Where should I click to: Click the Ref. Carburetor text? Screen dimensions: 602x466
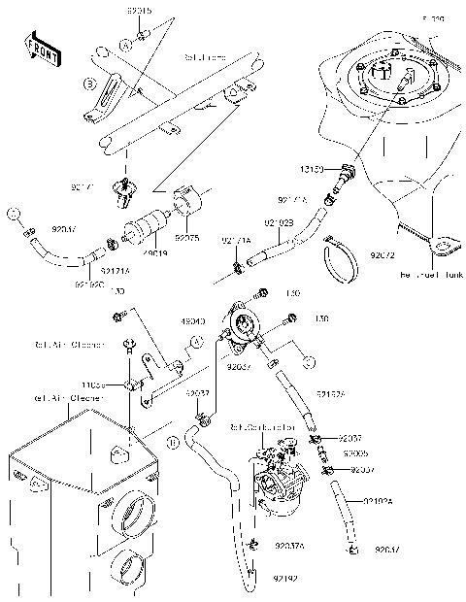pos(254,425)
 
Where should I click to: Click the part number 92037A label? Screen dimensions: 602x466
pos(289,546)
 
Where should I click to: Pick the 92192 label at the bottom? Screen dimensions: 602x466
pos(285,579)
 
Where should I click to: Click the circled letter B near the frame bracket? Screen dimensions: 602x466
pos(88,84)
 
